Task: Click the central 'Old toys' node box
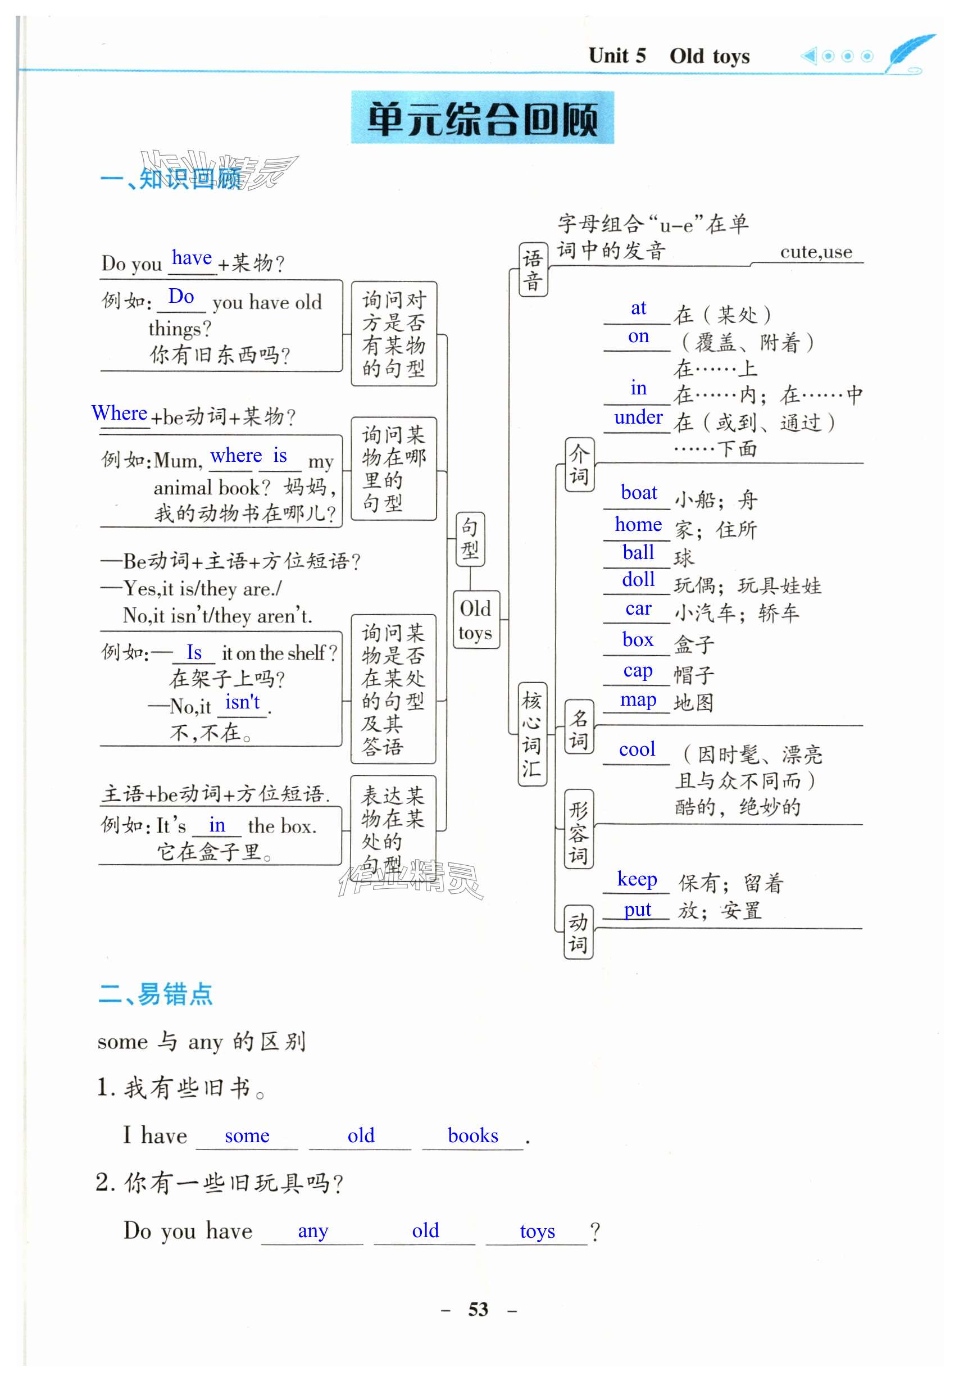pyautogui.click(x=475, y=620)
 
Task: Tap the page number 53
pyautogui.click(x=478, y=1309)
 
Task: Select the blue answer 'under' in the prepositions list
pyautogui.click(x=638, y=417)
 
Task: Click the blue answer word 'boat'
pyautogui.click(x=639, y=493)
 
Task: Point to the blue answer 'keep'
pyautogui.click(x=637, y=879)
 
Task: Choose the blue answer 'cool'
pyautogui.click(x=637, y=749)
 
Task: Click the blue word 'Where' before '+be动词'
pyautogui.click(x=119, y=413)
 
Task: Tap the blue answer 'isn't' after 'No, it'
pyautogui.click(x=242, y=702)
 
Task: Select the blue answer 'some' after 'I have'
pyautogui.click(x=247, y=1136)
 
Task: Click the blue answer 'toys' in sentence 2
pyautogui.click(x=537, y=1232)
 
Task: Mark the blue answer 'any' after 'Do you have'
pyautogui.click(x=313, y=1232)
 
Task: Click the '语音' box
pyautogui.click(x=533, y=270)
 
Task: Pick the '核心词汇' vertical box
pyautogui.click(x=532, y=734)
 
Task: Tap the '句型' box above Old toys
pyautogui.click(x=470, y=539)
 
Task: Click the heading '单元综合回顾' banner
pyautogui.click(x=482, y=119)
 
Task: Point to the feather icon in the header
pyautogui.click(x=910, y=54)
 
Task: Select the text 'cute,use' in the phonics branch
pyautogui.click(x=816, y=252)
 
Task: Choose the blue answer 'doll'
pyautogui.click(x=638, y=580)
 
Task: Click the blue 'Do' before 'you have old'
pyautogui.click(x=181, y=296)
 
